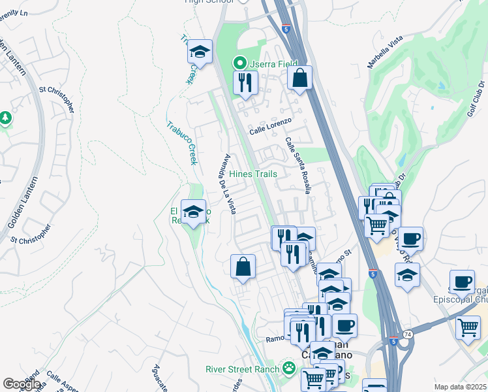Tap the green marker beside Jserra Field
pyautogui.click(x=240, y=63)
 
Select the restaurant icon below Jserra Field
pyautogui.click(x=245, y=82)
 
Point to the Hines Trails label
pyautogui.click(x=253, y=174)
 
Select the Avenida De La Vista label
pyautogui.click(x=229, y=184)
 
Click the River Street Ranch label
pyautogui.click(x=241, y=369)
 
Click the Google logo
pyautogui.click(x=22, y=384)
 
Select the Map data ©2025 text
pyautogui.click(x=460, y=387)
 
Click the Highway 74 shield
pyautogui.click(x=408, y=334)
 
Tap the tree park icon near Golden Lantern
pyautogui.click(x=6, y=118)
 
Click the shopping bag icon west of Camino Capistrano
pyautogui.click(x=243, y=267)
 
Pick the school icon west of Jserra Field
pyautogui.click(x=200, y=52)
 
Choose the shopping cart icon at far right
pyautogui.click(x=468, y=328)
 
